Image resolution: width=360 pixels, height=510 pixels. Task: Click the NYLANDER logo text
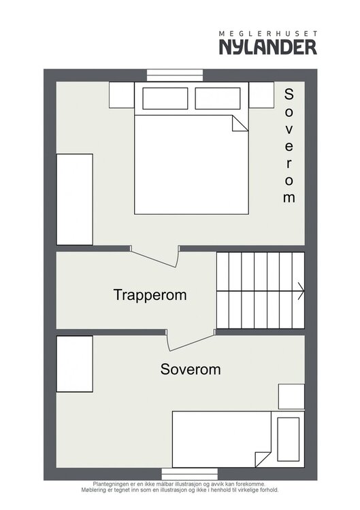268,47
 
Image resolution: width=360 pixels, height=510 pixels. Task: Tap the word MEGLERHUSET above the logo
268,33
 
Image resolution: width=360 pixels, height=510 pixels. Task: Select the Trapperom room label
150,295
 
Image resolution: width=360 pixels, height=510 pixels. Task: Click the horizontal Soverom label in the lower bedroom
191,369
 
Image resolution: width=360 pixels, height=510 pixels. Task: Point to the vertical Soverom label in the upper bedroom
289,146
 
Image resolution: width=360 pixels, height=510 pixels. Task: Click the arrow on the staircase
301,291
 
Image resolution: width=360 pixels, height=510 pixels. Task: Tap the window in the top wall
175,75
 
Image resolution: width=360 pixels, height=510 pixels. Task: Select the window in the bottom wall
189,474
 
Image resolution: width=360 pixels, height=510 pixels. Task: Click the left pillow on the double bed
165,98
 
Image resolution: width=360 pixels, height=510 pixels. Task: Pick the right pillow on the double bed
218,98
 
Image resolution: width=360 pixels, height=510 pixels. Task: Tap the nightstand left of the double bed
122,95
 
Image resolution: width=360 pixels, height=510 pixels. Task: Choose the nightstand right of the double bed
261,95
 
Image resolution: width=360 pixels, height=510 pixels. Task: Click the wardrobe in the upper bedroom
75,199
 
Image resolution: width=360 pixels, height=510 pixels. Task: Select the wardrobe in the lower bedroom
75,364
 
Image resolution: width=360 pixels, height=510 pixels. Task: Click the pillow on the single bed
288,439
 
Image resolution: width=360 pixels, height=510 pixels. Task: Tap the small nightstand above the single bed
291,396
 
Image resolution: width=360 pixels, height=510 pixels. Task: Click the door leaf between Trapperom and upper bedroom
153,259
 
